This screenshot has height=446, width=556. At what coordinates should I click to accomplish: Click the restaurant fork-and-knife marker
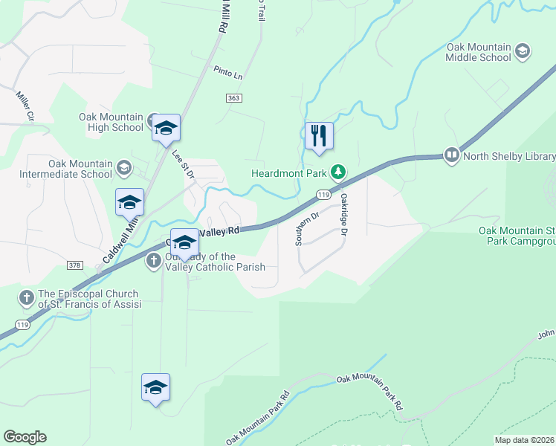coord(319,135)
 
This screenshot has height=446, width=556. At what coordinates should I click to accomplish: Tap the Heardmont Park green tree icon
coord(338,172)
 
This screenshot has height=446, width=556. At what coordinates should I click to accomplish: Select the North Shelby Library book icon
coord(451,155)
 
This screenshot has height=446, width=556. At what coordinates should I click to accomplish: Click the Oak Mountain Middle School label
coord(479,52)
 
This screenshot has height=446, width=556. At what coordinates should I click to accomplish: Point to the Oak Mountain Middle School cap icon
coord(523,51)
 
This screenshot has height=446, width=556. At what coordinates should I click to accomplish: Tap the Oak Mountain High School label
coord(111,122)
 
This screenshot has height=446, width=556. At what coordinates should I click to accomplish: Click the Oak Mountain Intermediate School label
coord(80,169)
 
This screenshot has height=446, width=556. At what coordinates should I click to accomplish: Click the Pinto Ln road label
coord(228,72)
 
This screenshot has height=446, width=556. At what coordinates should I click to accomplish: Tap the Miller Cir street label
coord(25,106)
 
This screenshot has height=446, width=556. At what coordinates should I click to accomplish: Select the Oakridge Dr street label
coord(344,215)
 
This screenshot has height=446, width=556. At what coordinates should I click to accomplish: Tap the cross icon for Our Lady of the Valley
coord(153,260)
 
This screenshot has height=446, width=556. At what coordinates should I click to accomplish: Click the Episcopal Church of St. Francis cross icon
coord(26,298)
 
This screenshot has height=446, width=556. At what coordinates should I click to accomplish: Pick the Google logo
coord(25,437)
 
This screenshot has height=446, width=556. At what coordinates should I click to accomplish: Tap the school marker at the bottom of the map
coord(155,387)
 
